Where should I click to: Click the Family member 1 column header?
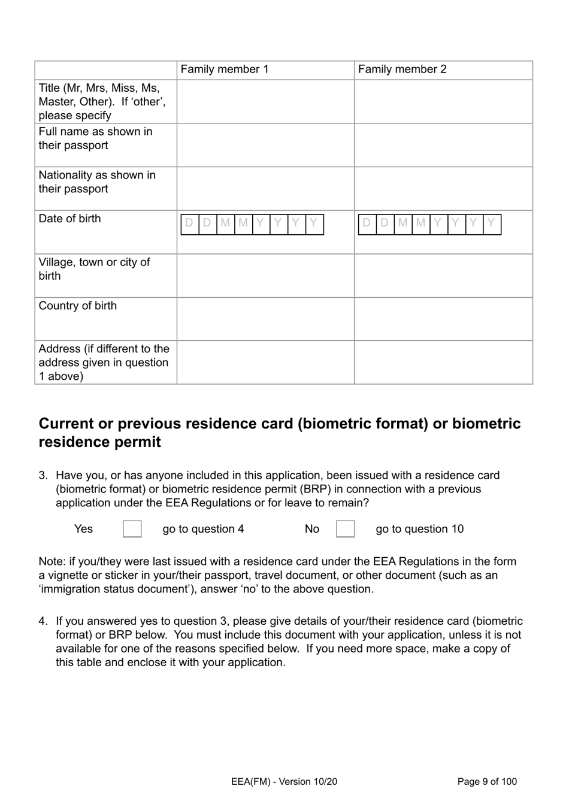click(x=225, y=69)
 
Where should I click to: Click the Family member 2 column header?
click(x=402, y=69)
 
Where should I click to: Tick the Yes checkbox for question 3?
click(x=132, y=529)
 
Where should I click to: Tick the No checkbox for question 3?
click(x=345, y=529)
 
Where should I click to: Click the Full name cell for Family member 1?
click(x=265, y=145)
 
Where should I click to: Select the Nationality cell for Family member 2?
click(x=443, y=189)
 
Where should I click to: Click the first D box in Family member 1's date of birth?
click(x=189, y=224)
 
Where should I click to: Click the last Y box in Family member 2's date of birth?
click(x=492, y=224)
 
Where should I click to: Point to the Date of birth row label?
click(x=70, y=219)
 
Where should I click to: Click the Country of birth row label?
click(x=78, y=306)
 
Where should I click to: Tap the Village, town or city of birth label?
click(x=94, y=269)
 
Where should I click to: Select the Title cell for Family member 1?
click(x=265, y=102)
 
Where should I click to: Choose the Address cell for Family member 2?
click(x=443, y=362)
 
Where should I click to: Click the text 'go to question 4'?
click(x=203, y=529)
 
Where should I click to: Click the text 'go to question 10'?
click(x=419, y=529)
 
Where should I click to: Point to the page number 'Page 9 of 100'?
click(x=486, y=781)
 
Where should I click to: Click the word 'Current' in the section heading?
click(x=66, y=424)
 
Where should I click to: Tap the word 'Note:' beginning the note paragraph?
click(x=52, y=561)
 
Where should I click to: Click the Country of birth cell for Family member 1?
click(x=265, y=319)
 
